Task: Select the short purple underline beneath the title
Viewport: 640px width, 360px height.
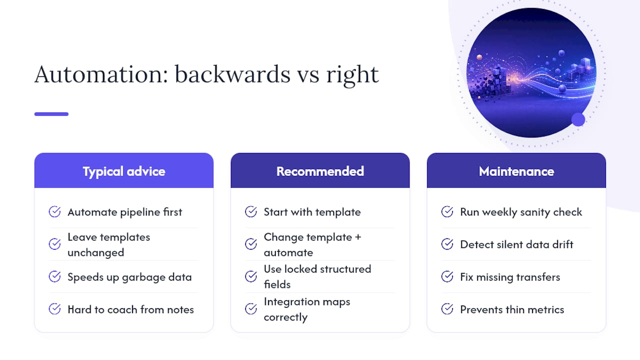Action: [51, 114]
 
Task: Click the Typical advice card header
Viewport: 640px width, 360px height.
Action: [124, 170]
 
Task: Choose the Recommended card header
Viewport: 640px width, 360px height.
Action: [320, 170]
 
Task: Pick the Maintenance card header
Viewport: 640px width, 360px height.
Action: [516, 170]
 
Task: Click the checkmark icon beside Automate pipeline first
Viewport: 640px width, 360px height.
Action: [54, 211]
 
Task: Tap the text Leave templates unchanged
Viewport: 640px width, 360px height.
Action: [109, 244]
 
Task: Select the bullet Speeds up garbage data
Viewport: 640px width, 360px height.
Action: [129, 277]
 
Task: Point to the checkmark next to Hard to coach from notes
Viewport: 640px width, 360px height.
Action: [54, 309]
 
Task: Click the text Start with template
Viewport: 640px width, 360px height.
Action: [312, 212]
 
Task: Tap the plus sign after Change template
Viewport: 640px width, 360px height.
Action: [358, 237]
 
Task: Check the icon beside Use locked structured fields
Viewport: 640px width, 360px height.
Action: [251, 276]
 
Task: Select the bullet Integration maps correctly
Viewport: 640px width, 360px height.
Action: [307, 309]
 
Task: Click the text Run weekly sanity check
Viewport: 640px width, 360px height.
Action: [521, 212]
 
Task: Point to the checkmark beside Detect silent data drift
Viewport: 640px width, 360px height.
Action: [447, 243]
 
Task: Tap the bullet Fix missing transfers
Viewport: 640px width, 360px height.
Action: [510, 277]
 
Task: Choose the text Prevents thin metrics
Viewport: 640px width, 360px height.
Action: [512, 309]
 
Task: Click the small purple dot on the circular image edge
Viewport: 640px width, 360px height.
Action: [578, 119]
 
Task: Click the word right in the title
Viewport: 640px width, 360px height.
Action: [352, 75]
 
